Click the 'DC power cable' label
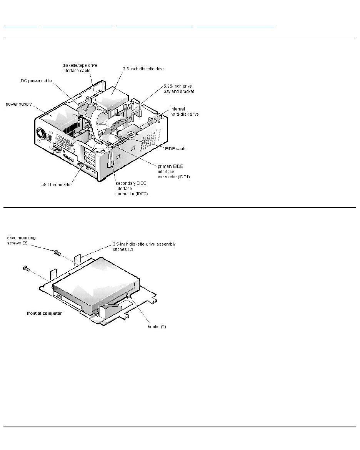[36, 81]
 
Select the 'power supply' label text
[18, 104]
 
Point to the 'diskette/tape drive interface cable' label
[80, 68]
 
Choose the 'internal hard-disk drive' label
[184, 111]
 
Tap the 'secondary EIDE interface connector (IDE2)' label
[132, 188]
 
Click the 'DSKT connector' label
[56, 184]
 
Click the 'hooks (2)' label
[157, 327]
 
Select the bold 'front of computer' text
[44, 313]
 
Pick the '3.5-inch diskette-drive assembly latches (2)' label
[144, 246]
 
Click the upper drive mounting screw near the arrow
[57, 252]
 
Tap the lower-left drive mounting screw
[27, 268]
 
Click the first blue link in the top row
[21, 27]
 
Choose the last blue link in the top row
[236, 27]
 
